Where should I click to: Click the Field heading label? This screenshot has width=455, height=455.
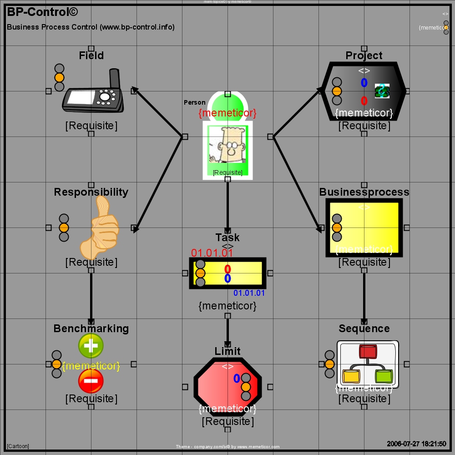pos(91,56)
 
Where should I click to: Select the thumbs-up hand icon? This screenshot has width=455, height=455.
pos(99,227)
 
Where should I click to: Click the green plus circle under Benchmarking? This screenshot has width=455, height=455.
pos(91,346)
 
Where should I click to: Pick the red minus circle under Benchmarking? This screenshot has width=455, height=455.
pos(91,381)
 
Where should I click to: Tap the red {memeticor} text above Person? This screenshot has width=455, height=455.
pos(227,112)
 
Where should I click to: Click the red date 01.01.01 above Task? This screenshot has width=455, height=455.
pos(212,253)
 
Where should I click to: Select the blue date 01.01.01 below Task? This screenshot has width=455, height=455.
pos(249,293)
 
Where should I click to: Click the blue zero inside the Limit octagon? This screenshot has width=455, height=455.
pos(237,378)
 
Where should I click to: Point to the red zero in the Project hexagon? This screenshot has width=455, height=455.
pos(364,101)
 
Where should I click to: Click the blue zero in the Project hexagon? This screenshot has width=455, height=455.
pos(364,83)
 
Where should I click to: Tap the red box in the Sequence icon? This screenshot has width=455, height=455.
pos(367,351)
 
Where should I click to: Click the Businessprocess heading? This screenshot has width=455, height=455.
pos(364,192)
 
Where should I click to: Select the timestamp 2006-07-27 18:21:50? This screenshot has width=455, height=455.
pos(416,444)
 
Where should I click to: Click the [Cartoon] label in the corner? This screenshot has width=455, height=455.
pos(18,446)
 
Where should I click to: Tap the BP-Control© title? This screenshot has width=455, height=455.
pos(36,12)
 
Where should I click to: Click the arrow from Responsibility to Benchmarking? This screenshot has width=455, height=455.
pos(91,296)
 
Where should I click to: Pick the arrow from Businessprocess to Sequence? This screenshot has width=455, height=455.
pos(364,296)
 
